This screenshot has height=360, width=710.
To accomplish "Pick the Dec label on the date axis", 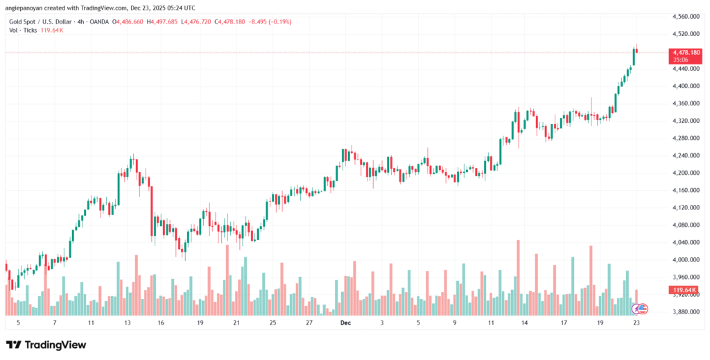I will pos(345,323).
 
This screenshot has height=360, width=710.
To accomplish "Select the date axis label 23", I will pos(636,323).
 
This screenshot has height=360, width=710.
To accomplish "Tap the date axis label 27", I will pos(309,323).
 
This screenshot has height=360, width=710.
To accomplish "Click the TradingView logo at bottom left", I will pos(46,345).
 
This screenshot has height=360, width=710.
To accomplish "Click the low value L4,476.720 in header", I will pos(234,22).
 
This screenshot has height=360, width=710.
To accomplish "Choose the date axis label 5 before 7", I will pos(18,323).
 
